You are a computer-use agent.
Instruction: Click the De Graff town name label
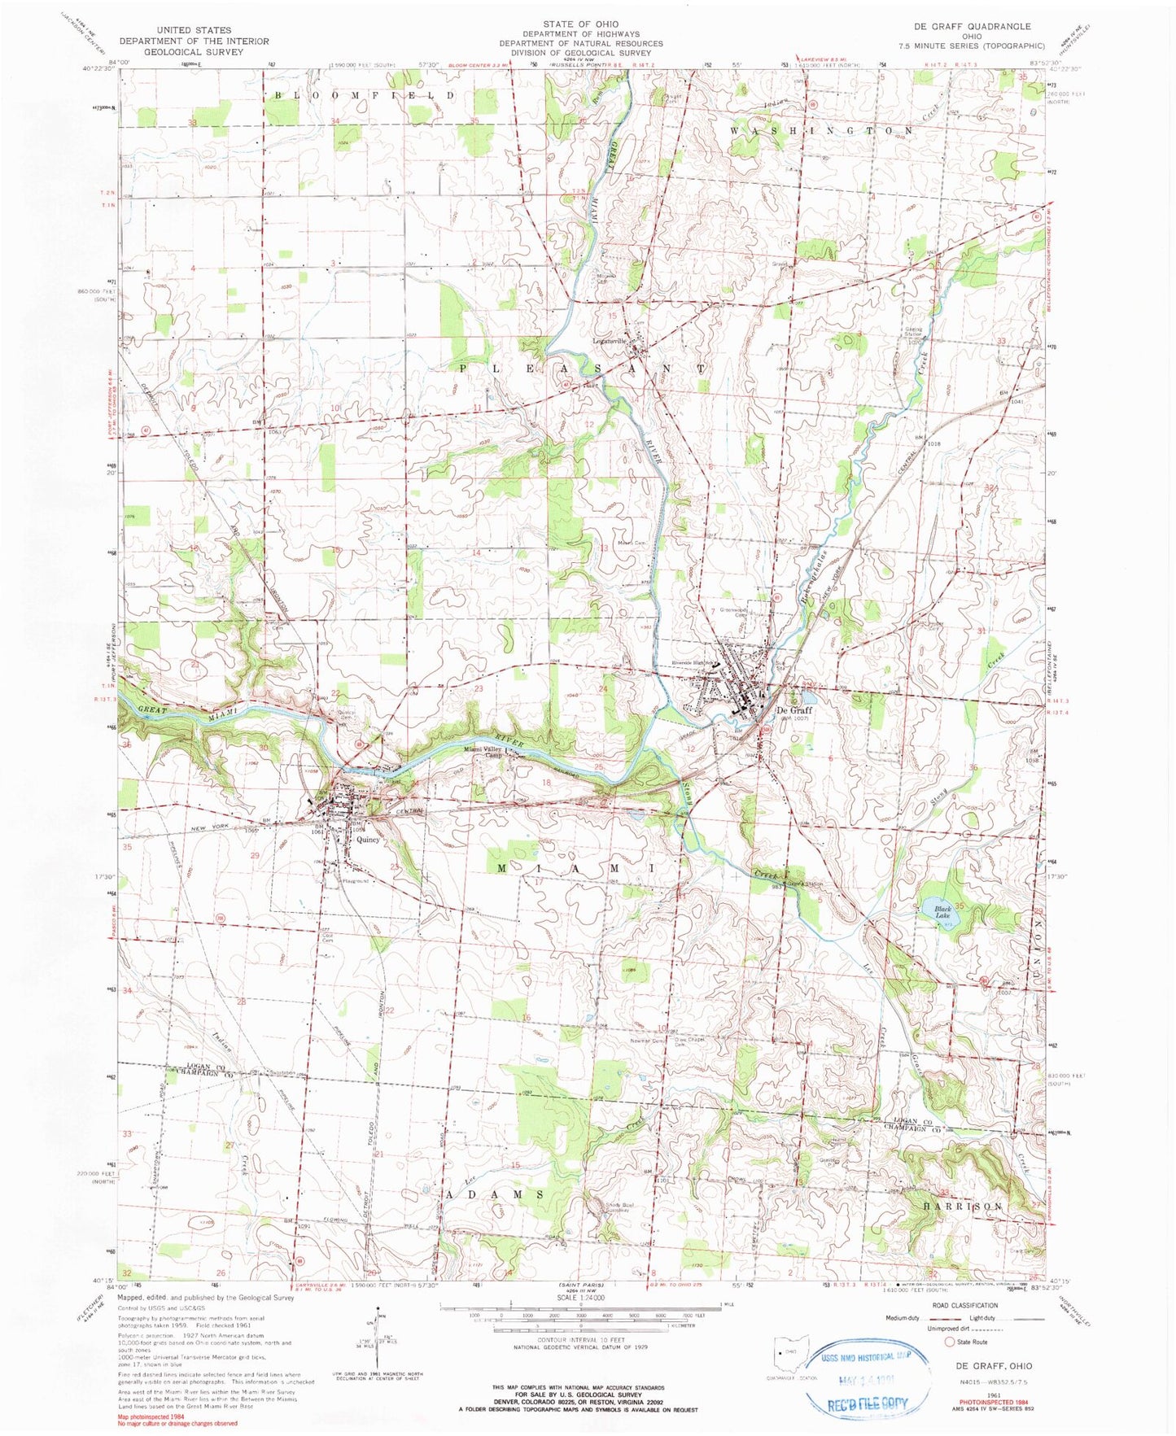[795, 709]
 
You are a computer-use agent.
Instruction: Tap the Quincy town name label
[368, 840]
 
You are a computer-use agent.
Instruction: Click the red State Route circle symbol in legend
[950, 1342]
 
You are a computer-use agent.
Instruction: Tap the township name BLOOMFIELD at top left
[365, 95]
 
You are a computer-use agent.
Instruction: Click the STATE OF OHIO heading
[581, 24]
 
